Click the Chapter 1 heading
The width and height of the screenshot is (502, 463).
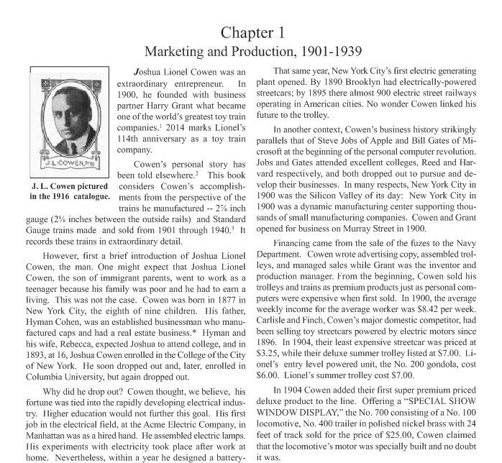(x=252, y=32)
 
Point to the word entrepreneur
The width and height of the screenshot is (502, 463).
(x=214, y=85)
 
